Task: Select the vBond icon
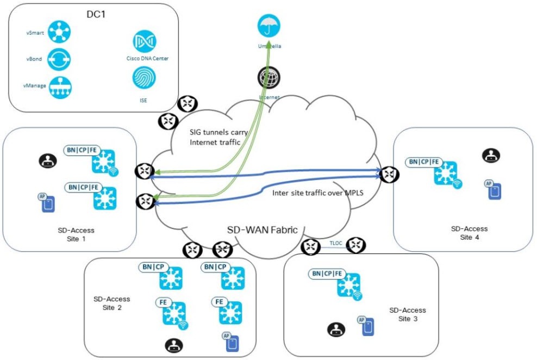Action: [x=59, y=59]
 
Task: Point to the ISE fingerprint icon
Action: [x=143, y=78]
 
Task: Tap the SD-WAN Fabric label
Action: [x=262, y=229]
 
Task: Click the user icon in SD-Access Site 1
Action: [x=47, y=160]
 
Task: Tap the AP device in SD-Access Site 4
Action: [x=493, y=189]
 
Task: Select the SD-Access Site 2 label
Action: [x=111, y=303]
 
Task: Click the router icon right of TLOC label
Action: [x=356, y=246]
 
